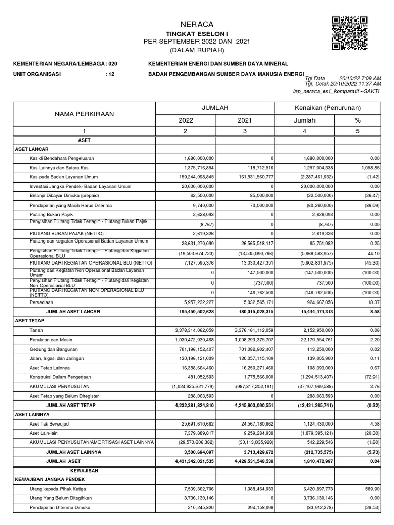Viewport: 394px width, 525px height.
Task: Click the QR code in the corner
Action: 350,33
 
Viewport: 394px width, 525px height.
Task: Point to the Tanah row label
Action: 37,330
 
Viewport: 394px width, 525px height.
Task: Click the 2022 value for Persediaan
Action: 194,302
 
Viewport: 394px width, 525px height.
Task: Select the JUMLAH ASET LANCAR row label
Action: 73,312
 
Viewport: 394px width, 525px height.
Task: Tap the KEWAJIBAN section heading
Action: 84,470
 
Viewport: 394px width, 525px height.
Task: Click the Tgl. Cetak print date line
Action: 343,83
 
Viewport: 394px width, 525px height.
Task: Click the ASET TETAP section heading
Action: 29,321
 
